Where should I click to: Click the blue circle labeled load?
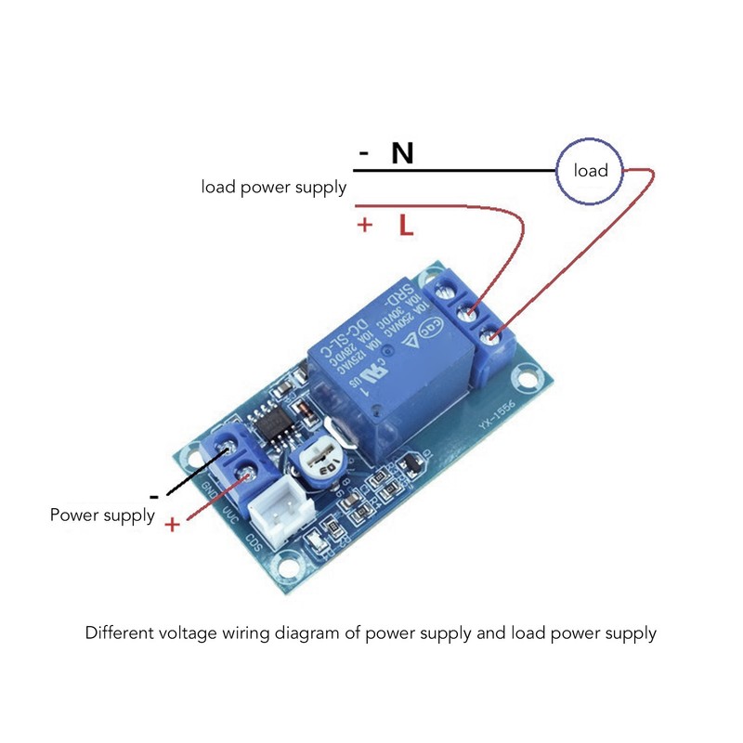pos(590,170)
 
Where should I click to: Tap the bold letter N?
pos(402,153)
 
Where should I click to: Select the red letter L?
pos(406,225)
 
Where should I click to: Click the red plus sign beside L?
pos(365,225)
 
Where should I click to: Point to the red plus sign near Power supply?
pos(173,525)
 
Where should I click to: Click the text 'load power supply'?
pos(274,188)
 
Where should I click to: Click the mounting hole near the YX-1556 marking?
pos(528,378)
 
